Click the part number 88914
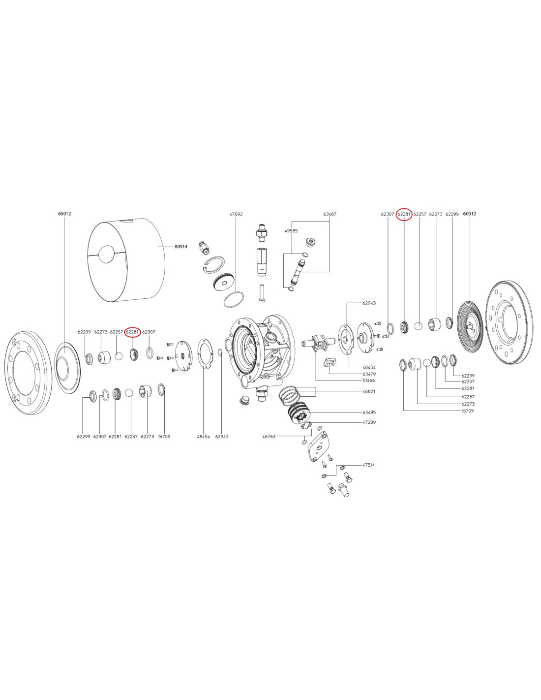click(x=181, y=247)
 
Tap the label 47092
click(x=236, y=214)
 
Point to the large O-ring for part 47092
click(x=234, y=299)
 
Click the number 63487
click(x=330, y=214)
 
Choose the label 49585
click(x=291, y=230)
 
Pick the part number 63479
click(x=369, y=374)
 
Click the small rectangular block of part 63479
click(x=329, y=363)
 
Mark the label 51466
click(x=368, y=381)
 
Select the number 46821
click(x=369, y=391)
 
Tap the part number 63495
click(x=369, y=413)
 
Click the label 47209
click(x=369, y=422)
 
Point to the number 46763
click(x=269, y=437)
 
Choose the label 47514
click(x=368, y=465)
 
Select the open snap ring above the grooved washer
click(x=215, y=265)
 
